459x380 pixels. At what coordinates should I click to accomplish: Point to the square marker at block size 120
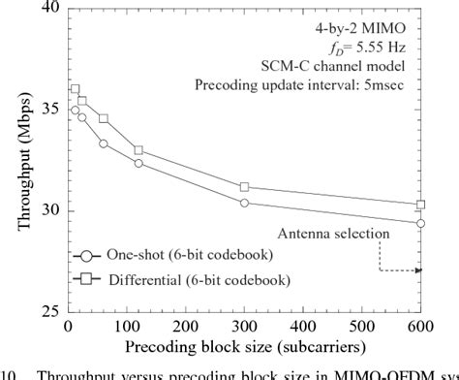(138, 150)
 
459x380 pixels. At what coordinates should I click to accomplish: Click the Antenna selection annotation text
(333, 234)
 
